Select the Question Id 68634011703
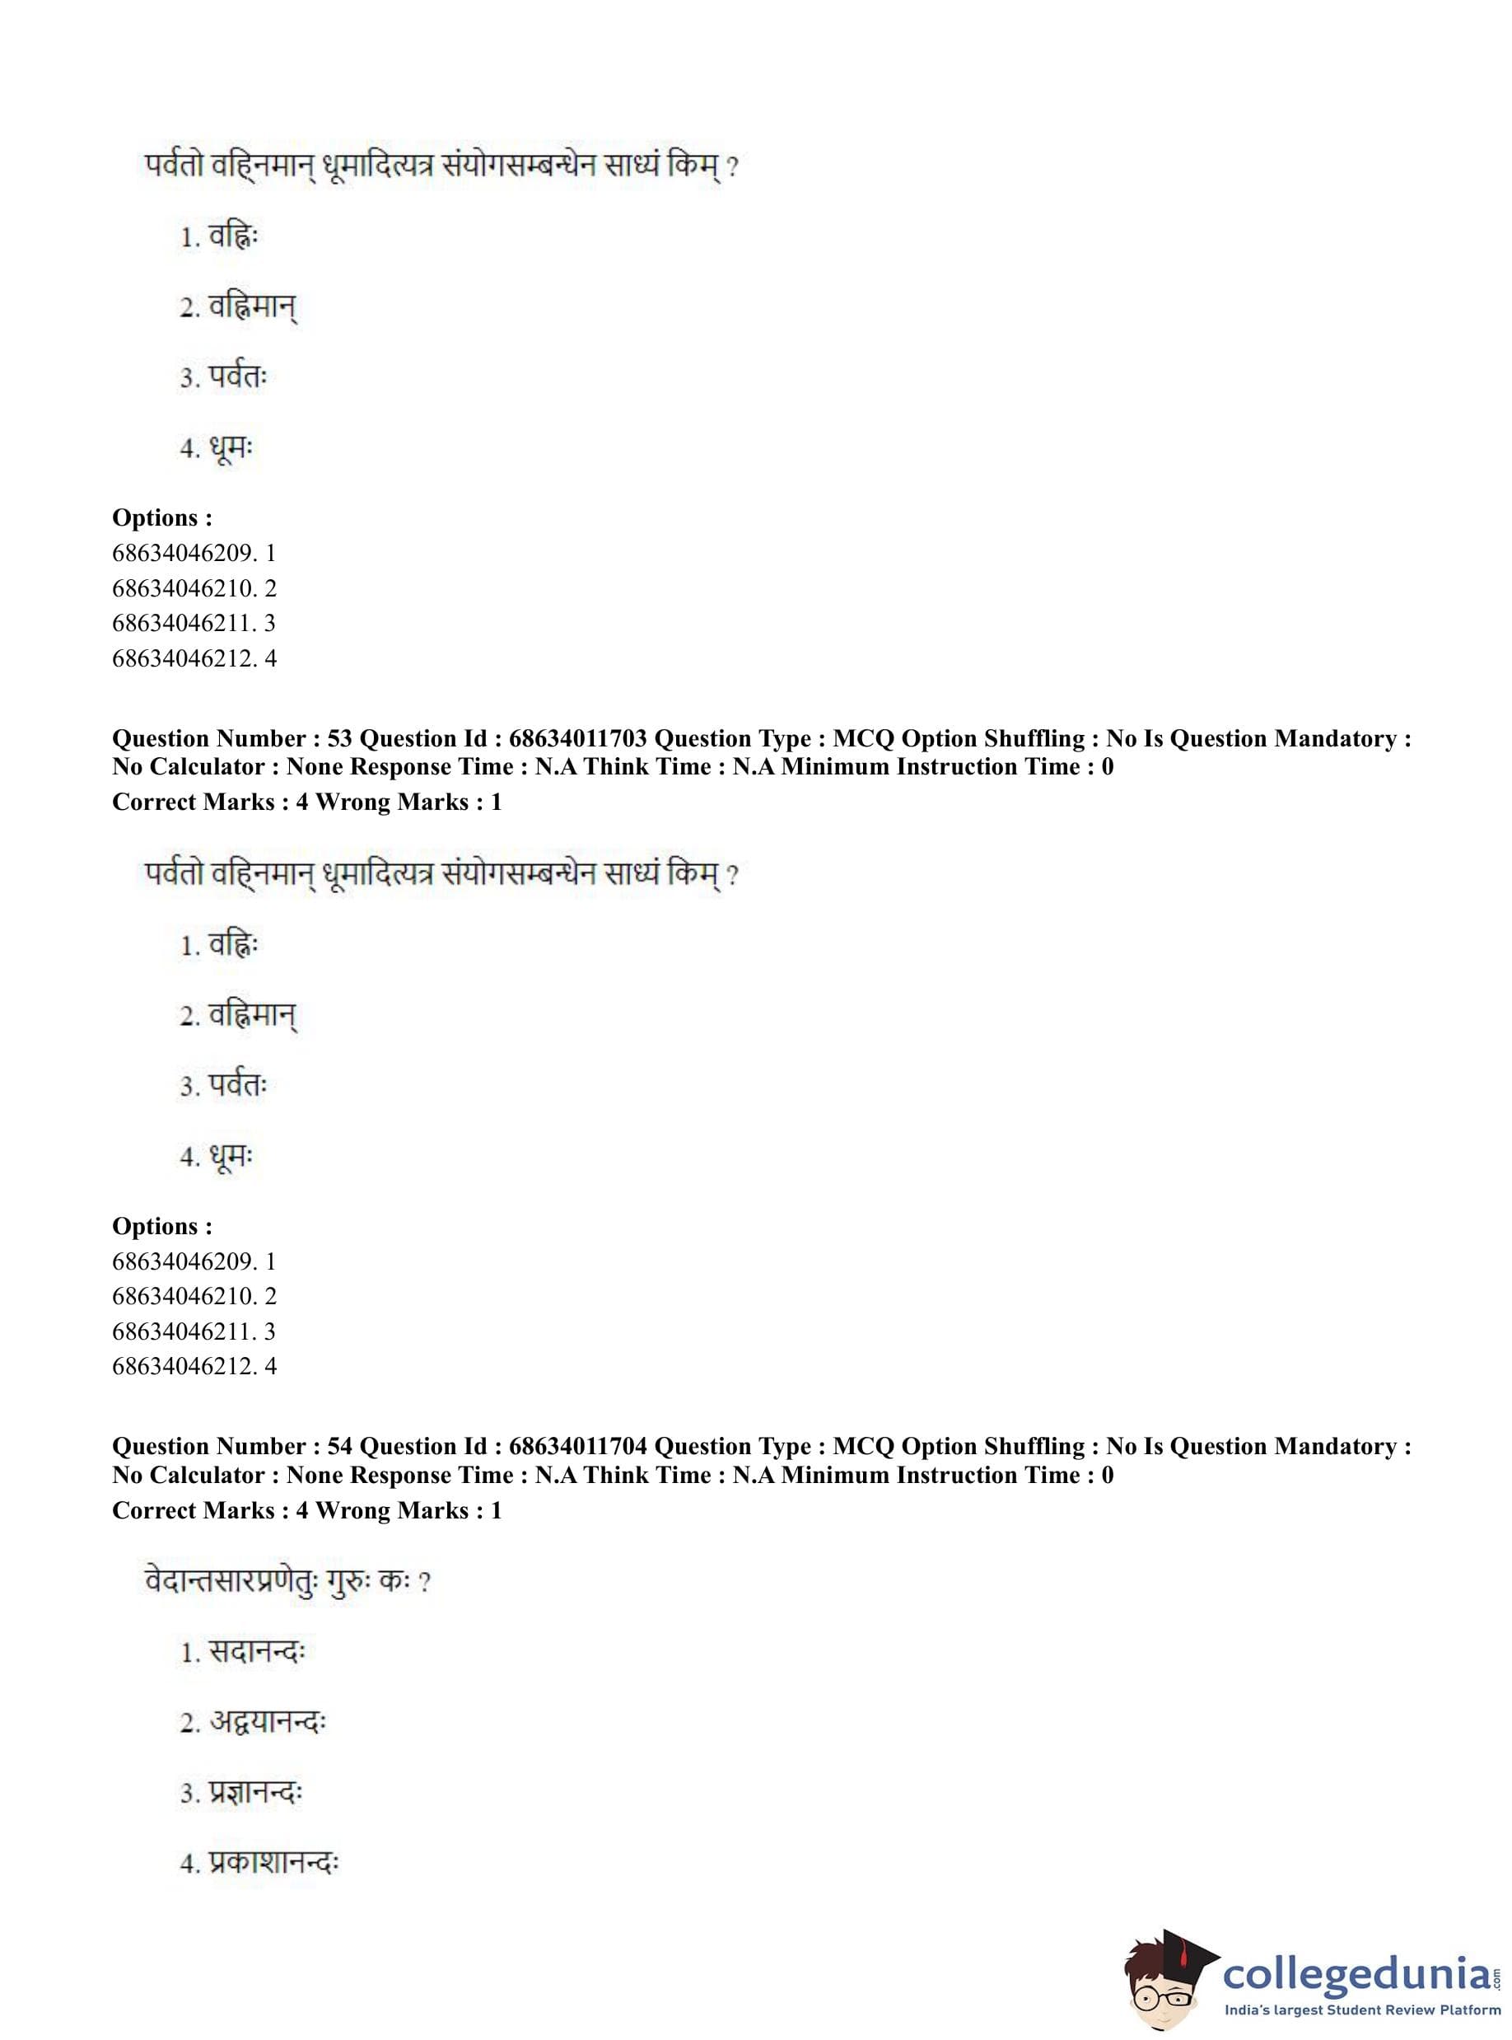[577, 739]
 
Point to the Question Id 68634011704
[577, 1447]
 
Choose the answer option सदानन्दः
[255, 1653]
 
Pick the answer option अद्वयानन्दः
[266, 1722]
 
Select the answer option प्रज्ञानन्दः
[255, 1793]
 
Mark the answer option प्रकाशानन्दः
[273, 1864]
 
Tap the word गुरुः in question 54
[347, 1582]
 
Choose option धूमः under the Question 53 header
[230, 1158]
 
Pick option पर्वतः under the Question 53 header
[237, 1087]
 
